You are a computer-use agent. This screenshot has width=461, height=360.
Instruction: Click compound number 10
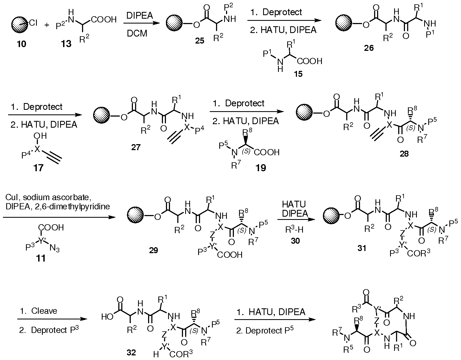click(22, 43)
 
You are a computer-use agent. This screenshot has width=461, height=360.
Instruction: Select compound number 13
click(66, 43)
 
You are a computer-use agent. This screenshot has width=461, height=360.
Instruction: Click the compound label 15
click(298, 73)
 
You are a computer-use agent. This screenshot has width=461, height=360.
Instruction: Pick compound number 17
click(38, 168)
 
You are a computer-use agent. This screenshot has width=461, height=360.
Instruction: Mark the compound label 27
click(136, 147)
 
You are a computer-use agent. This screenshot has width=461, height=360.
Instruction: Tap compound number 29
click(153, 250)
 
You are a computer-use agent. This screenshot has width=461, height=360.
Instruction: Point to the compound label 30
click(295, 240)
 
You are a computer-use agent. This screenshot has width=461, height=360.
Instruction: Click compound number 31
click(362, 248)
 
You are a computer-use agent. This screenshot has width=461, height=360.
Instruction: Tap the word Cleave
click(44, 311)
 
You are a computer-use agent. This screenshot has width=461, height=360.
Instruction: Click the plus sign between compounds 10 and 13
click(47, 25)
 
